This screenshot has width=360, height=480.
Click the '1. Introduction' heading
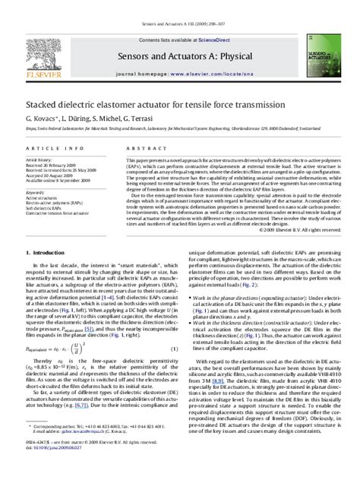(49, 251)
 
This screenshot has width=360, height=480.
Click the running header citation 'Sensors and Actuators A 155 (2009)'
(179, 5)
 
